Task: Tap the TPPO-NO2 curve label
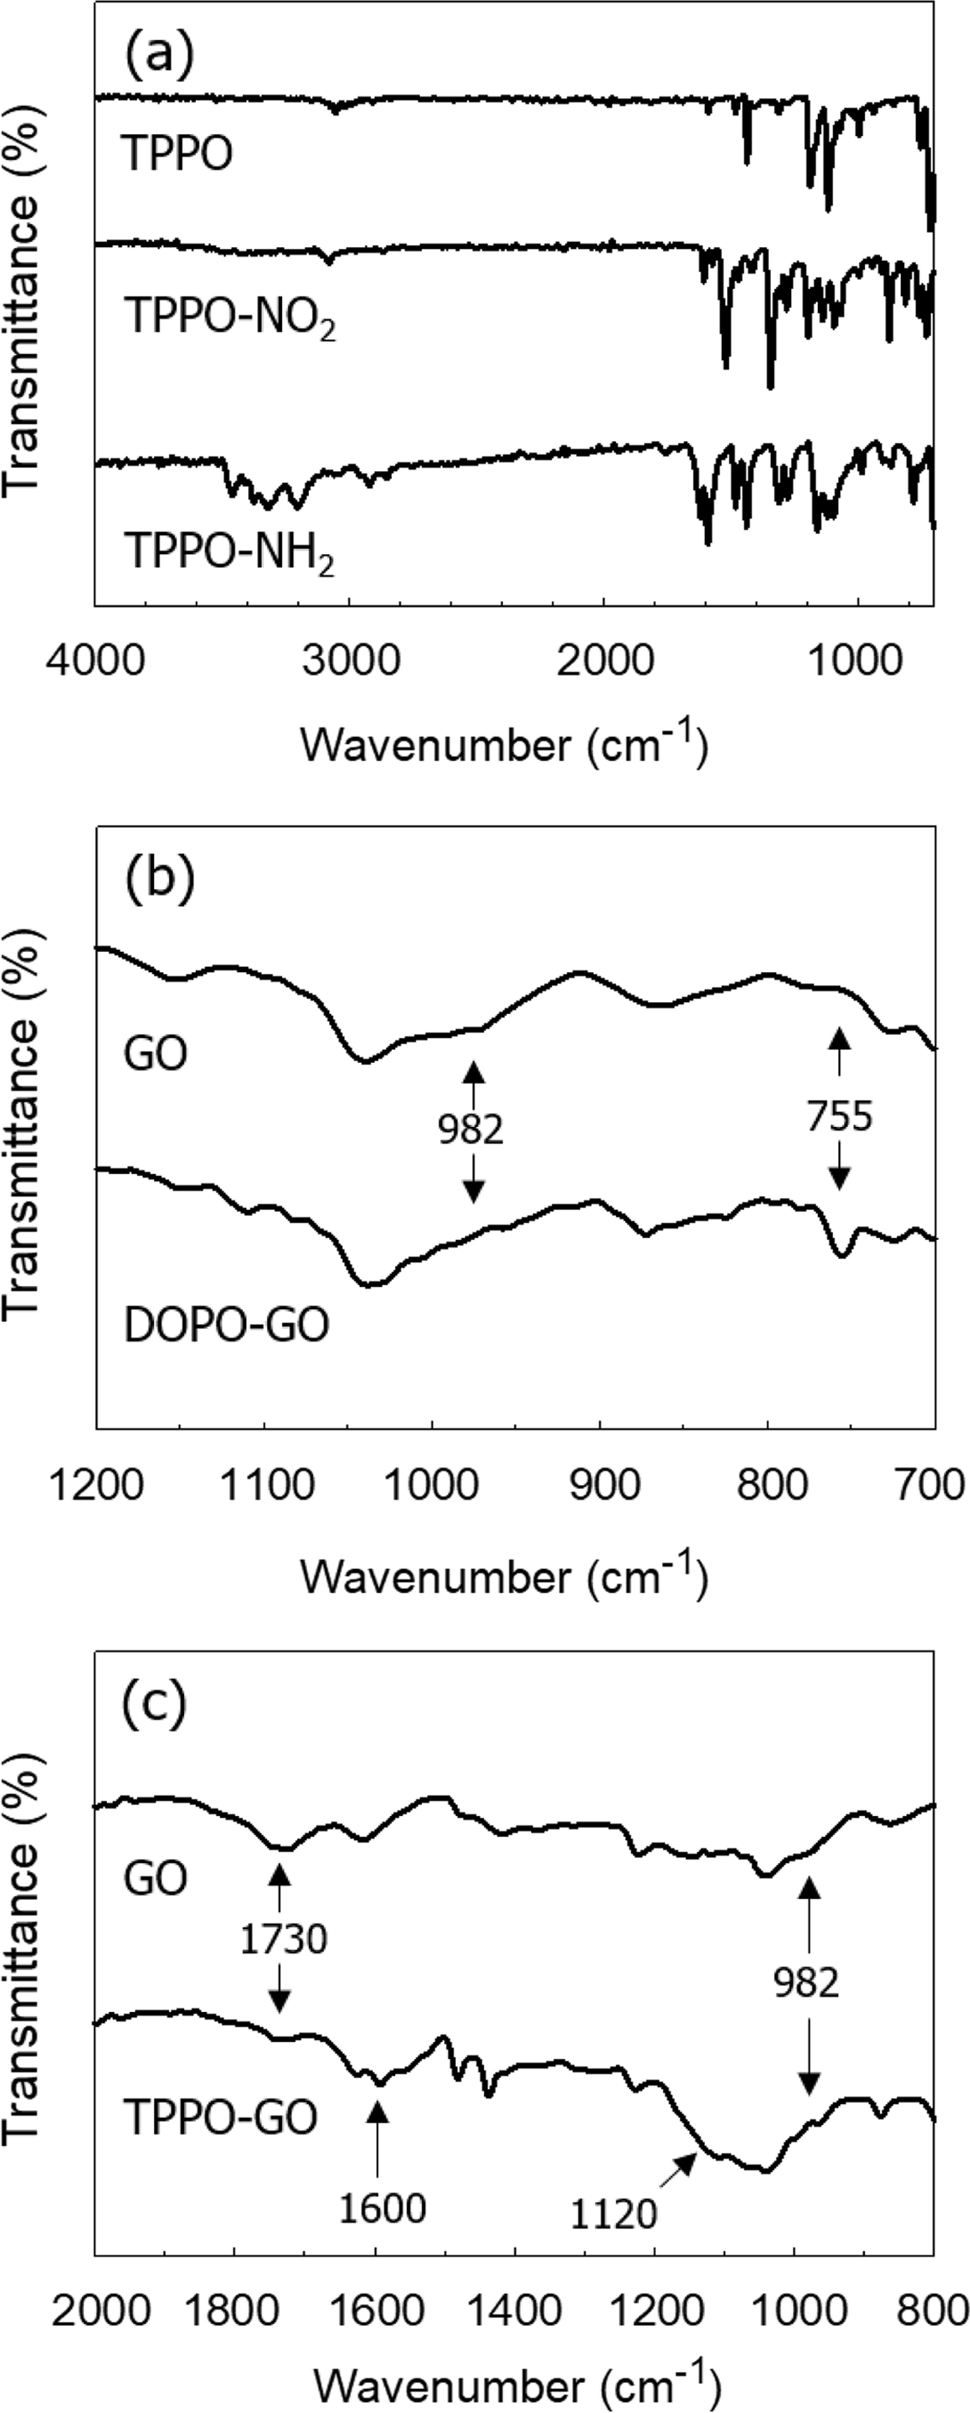tap(229, 318)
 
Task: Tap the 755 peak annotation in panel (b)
tap(840, 1117)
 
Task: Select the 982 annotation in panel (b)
tap(471, 1130)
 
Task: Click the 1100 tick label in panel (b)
tap(264, 1485)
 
